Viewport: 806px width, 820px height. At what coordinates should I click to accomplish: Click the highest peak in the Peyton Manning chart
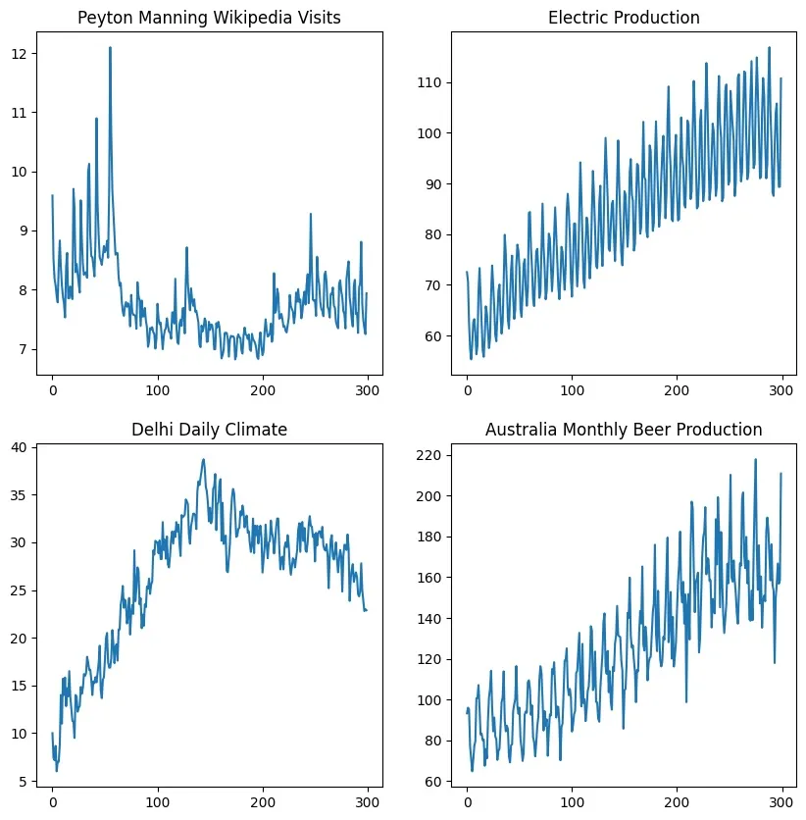[110, 47]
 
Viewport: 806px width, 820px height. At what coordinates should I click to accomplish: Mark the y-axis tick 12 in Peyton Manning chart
[24, 53]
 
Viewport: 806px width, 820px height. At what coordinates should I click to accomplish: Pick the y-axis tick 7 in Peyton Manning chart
[27, 350]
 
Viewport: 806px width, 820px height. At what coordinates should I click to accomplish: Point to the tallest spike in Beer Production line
[755, 459]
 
